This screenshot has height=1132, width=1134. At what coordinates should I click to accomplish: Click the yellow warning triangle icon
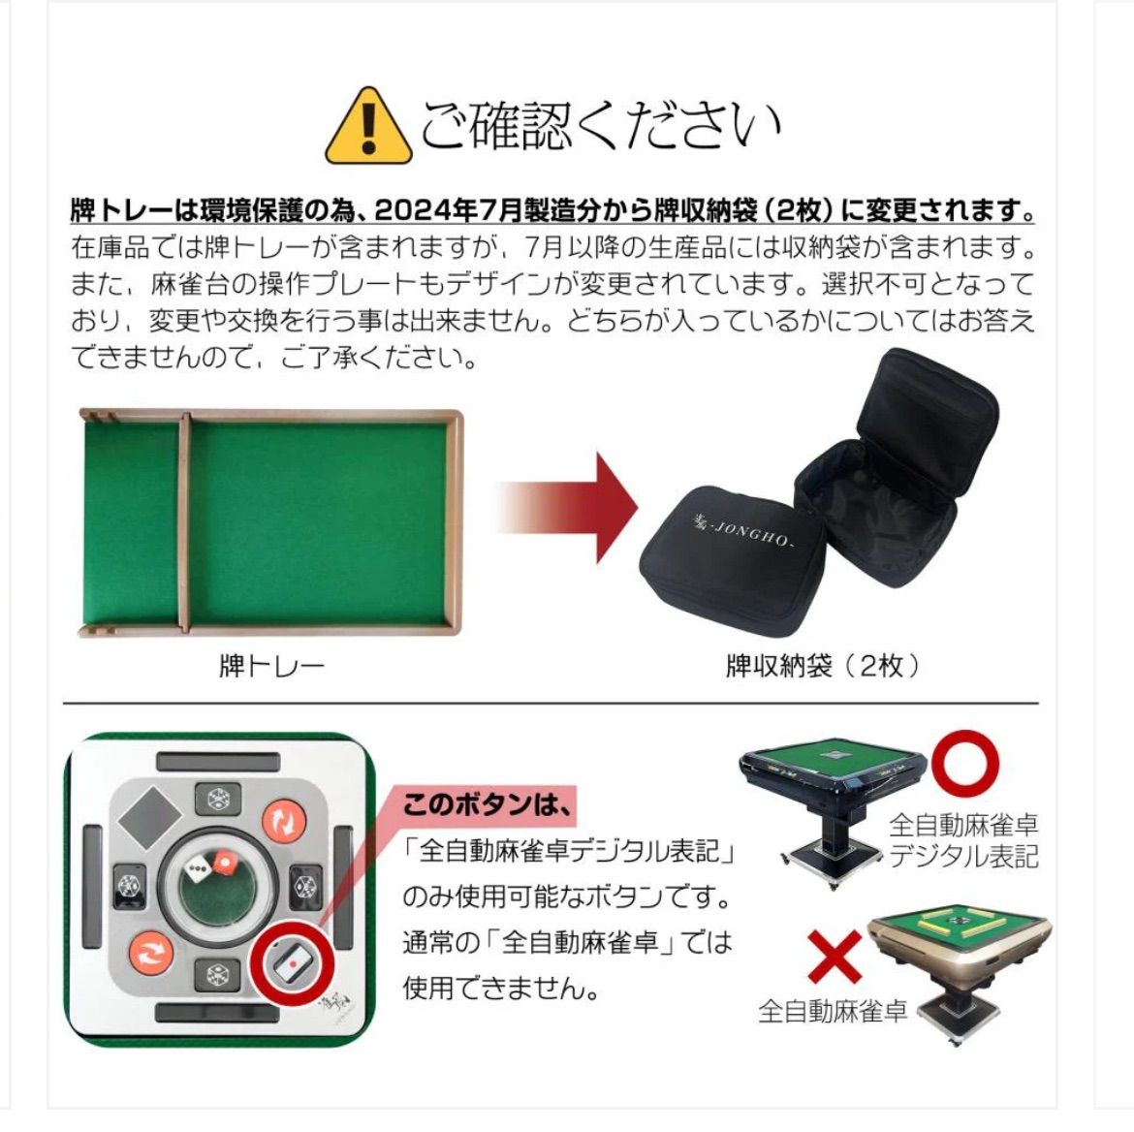(367, 128)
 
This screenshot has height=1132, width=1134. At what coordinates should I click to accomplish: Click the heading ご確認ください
(600, 126)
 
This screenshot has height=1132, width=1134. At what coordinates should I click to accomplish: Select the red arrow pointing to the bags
(572, 507)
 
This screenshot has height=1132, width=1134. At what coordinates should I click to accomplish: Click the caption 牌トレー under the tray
(271, 666)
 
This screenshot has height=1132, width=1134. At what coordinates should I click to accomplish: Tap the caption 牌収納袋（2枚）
(824, 666)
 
